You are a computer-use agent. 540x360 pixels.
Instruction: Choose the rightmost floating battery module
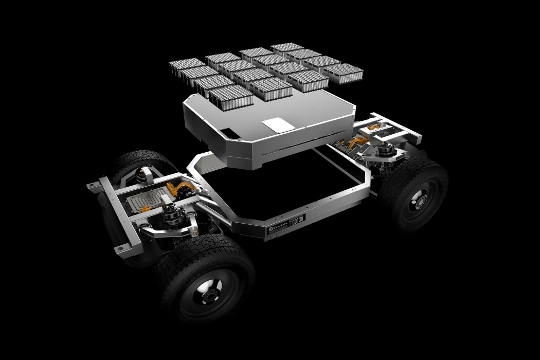(x=344, y=72)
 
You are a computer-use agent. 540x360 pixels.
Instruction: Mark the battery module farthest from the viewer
(x=287, y=48)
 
